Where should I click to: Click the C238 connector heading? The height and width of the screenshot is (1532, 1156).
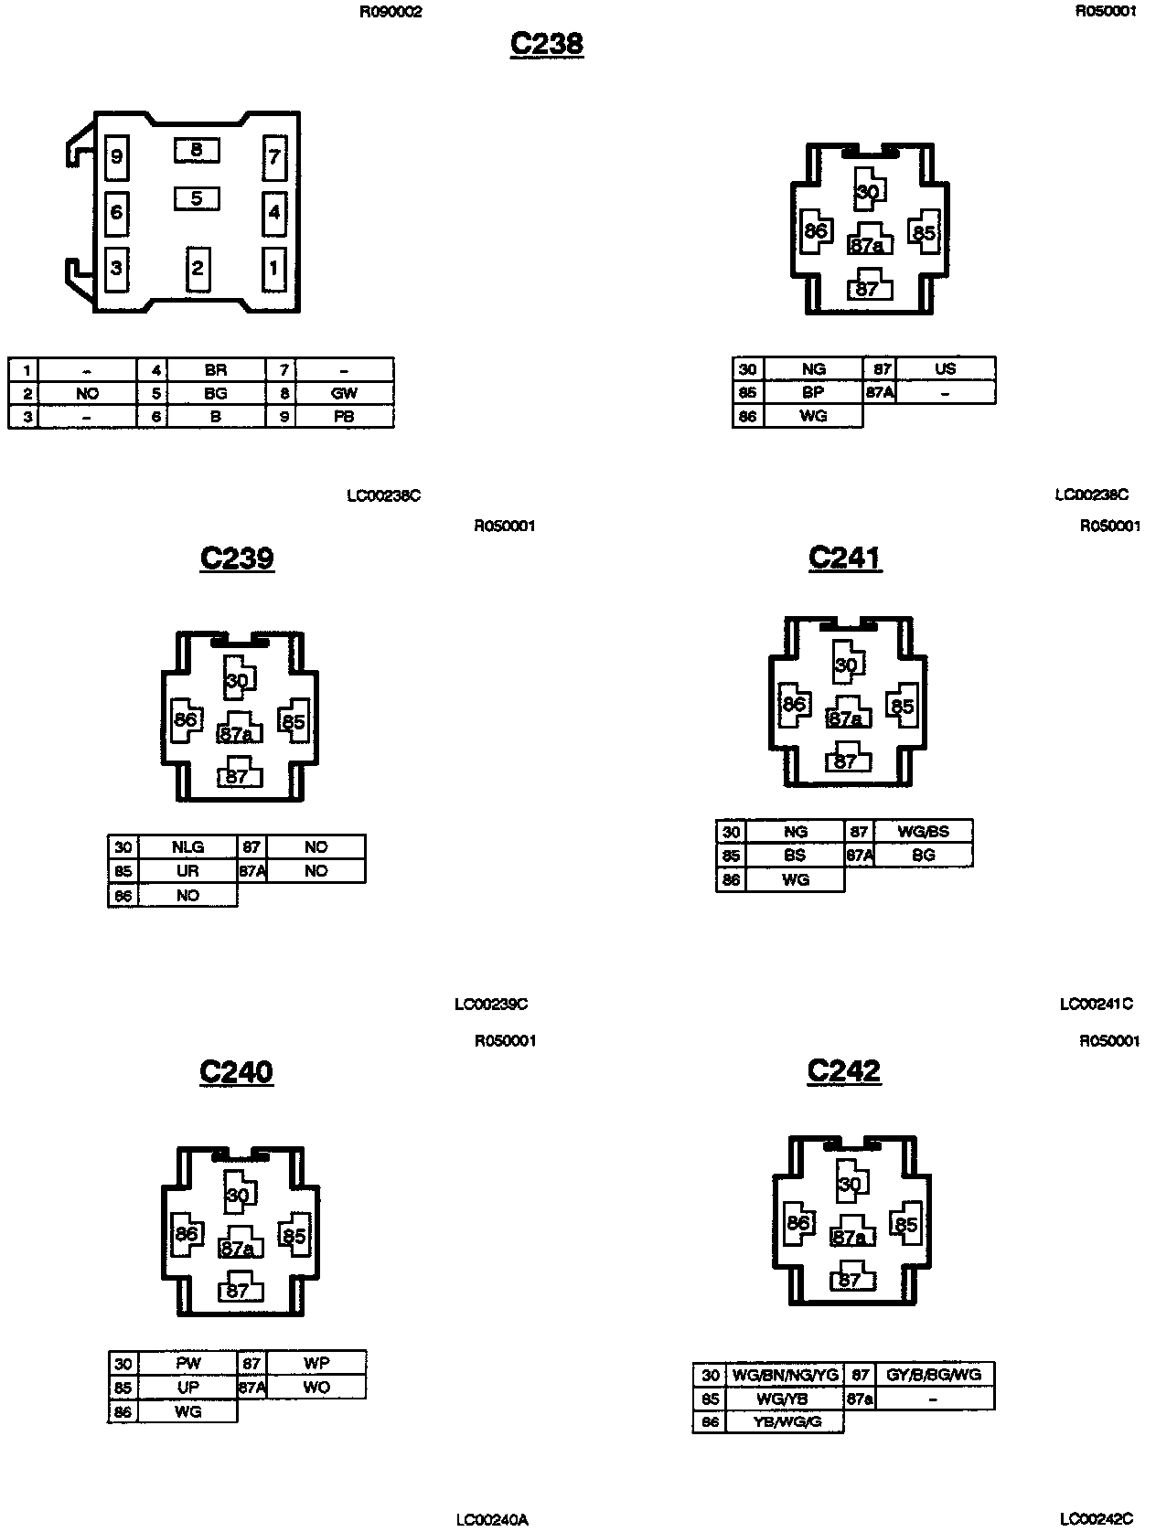[x=546, y=44]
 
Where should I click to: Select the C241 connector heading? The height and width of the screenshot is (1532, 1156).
[x=844, y=558]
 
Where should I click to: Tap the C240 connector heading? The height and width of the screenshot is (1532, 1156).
[x=236, y=1071]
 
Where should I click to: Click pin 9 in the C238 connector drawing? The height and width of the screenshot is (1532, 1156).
[x=116, y=157]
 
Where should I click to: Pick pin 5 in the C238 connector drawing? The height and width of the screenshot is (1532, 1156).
[x=197, y=197]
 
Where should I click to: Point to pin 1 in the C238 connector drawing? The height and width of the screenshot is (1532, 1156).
[x=273, y=269]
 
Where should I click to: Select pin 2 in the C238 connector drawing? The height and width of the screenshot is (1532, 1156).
[x=197, y=269]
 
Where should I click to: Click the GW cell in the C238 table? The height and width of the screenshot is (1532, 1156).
[x=345, y=393]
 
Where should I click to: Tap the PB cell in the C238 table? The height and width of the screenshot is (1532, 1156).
[x=345, y=416]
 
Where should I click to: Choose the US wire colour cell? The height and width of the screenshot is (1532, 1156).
[x=945, y=368]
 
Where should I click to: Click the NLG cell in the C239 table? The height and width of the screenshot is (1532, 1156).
[x=187, y=847]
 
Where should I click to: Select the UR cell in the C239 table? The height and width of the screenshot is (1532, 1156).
[x=187, y=871]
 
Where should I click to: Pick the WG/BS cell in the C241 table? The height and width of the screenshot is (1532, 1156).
[x=923, y=832]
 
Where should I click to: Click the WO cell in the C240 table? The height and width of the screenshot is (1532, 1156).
[x=316, y=1387]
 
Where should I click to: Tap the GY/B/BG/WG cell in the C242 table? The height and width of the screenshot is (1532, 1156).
[x=934, y=1375]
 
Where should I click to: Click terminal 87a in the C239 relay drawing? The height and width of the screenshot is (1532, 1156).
[x=238, y=733]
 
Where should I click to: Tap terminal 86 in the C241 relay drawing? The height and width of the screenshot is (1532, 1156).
[x=794, y=704]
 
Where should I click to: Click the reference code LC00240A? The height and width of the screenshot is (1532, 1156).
[x=492, y=1519]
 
